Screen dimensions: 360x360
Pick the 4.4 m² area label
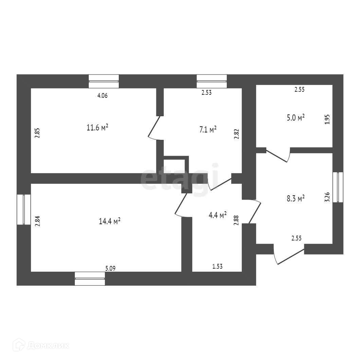[217, 215]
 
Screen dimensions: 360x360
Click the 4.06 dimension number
[102, 95]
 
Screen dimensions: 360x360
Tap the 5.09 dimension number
[111, 268]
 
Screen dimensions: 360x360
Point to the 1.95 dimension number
[327, 120]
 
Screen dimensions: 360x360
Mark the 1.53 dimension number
[217, 267]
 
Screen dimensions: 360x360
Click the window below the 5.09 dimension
[90, 278]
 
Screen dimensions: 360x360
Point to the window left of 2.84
[24, 209]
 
